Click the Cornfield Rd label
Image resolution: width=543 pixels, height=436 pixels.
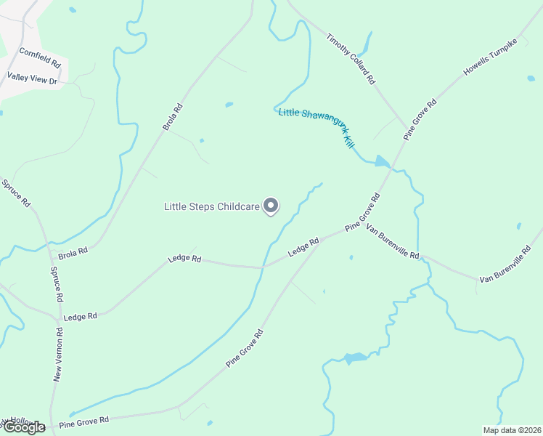pyautogui.click(x=40, y=58)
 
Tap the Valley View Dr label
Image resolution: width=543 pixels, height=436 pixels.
pyautogui.click(x=32, y=78)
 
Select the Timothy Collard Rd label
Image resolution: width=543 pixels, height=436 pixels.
pyautogui.click(x=350, y=59)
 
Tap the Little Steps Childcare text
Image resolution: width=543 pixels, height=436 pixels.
pyautogui.click(x=211, y=207)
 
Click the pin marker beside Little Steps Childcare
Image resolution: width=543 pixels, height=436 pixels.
pyautogui.click(x=271, y=206)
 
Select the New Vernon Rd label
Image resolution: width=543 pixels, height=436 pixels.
pyautogui.click(x=59, y=354)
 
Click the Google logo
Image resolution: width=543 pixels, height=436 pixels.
pyautogui.click(x=23, y=427)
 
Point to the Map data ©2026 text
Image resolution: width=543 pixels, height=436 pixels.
pyautogui.click(x=511, y=430)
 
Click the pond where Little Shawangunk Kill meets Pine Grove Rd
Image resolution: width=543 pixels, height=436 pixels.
pyautogui.click(x=382, y=161)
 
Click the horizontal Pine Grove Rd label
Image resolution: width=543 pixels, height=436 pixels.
pyautogui.click(x=83, y=421)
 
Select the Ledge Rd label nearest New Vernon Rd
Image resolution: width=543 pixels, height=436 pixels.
pyautogui.click(x=80, y=317)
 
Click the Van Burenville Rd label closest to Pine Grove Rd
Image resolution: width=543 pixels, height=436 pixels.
pyautogui.click(x=393, y=243)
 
